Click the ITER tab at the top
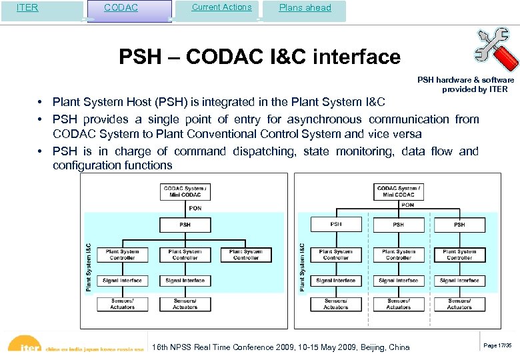(27, 8)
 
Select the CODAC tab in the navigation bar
(121, 8)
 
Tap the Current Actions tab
(221, 7)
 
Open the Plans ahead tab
(305, 8)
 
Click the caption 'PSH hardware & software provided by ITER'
(466, 85)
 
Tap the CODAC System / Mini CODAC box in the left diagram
(185, 191)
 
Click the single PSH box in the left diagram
(185, 225)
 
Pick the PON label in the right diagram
(407, 205)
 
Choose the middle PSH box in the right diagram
(398, 225)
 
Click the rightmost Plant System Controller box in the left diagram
(246, 255)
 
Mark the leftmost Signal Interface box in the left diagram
(122, 281)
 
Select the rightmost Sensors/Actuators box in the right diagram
(459, 304)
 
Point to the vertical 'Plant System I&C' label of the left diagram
(89, 267)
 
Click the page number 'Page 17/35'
(497, 345)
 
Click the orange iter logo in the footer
(27, 348)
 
